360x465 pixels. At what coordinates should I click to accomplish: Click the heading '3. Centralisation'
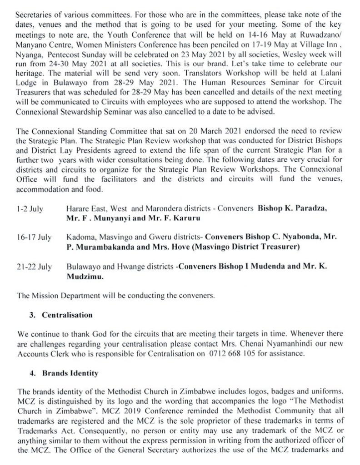click(67, 315)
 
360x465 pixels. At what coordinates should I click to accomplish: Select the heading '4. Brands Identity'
click(70, 373)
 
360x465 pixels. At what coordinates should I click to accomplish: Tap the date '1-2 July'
click(30, 209)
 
